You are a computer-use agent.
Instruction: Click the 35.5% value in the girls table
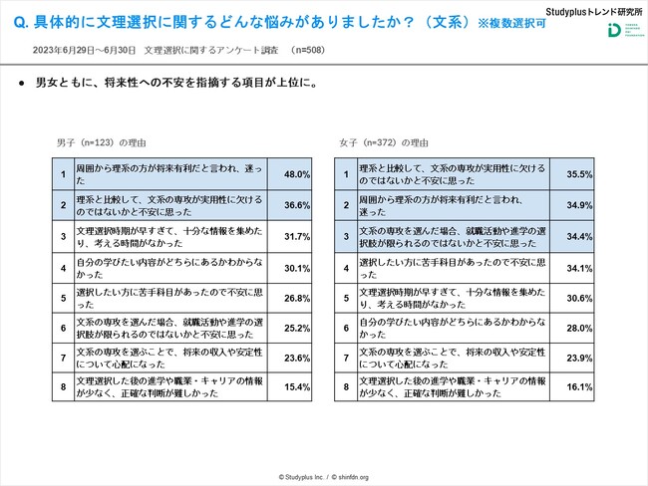click(579, 174)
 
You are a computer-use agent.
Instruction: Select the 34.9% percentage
click(579, 205)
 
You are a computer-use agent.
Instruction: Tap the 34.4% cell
click(579, 236)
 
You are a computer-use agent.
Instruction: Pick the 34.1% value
click(579, 267)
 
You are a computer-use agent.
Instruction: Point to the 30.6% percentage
click(579, 298)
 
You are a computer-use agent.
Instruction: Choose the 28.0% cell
click(579, 329)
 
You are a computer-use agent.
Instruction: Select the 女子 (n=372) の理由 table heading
click(379, 142)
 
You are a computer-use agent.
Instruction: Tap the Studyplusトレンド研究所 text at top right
click(588, 10)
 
